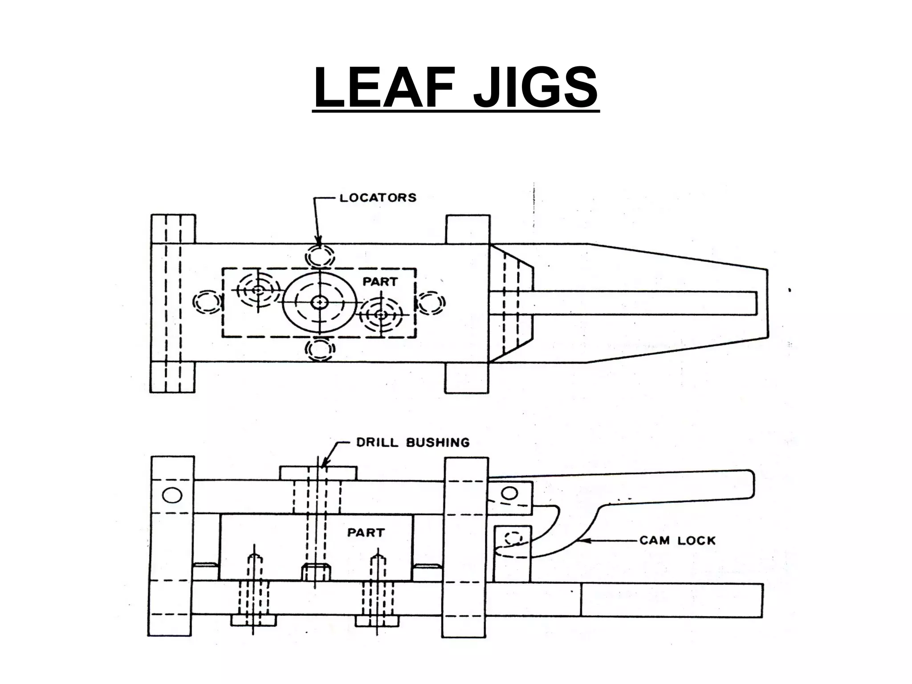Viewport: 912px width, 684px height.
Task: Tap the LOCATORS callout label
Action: (378, 198)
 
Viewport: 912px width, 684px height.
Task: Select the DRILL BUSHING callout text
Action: (413, 443)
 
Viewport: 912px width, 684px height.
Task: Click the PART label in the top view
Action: (380, 282)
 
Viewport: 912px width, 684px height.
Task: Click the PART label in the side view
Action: (366, 533)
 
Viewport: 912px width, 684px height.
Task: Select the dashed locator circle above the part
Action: (319, 256)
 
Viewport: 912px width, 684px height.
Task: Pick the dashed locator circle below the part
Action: (319, 350)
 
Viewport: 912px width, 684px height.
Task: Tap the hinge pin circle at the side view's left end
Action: (172, 495)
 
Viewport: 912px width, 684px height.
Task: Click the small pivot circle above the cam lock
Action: (510, 493)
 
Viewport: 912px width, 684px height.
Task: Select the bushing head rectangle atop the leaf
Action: (318, 473)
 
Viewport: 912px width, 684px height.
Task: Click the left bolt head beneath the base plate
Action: (253, 620)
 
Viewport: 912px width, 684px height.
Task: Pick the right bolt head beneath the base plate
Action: (378, 620)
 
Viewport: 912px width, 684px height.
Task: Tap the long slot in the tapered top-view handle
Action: (623, 303)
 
